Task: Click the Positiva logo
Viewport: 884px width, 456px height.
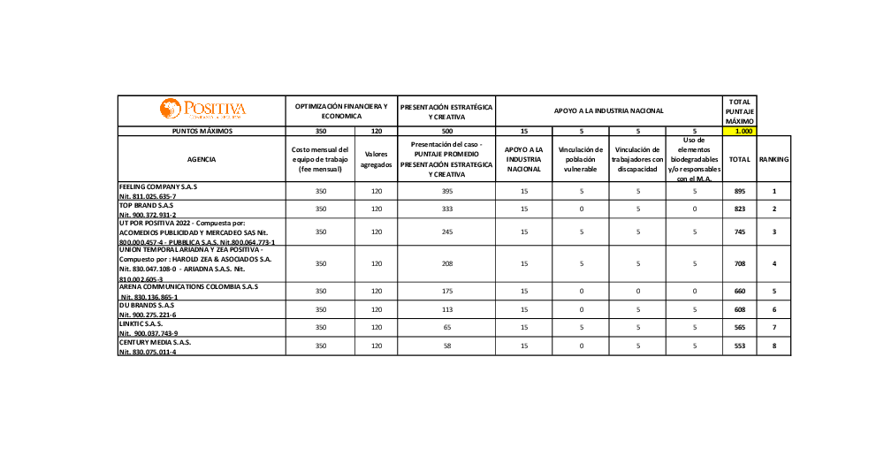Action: [202, 110]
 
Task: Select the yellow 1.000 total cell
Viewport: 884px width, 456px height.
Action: [739, 131]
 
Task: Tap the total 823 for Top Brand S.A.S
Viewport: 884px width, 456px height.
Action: [739, 209]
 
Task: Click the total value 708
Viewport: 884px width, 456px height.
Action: [739, 263]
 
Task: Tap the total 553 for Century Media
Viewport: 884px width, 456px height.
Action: [739, 346]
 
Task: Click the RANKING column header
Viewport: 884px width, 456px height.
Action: [773, 159]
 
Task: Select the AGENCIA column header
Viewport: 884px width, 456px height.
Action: [202, 159]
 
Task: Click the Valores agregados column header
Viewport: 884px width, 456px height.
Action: [377, 159]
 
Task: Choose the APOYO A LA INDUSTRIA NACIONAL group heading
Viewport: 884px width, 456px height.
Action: [608, 110]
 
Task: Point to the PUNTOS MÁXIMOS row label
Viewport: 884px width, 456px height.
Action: [202, 131]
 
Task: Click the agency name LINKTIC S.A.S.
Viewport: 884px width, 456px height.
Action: [141, 323]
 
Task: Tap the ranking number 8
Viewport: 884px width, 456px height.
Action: [773, 346]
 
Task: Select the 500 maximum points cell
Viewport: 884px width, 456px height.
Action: [446, 131]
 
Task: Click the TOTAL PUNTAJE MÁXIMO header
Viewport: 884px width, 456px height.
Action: [739, 110]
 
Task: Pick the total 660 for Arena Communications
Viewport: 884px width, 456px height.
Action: [739, 291]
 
